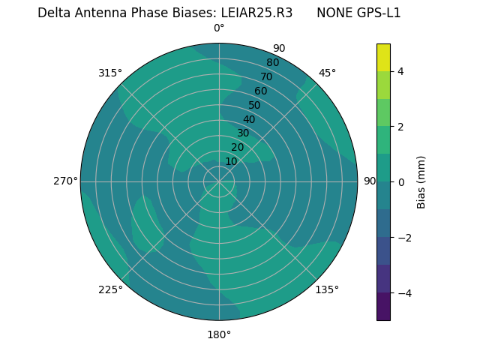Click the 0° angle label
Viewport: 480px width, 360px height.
point(219,28)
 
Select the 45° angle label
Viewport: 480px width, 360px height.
point(327,73)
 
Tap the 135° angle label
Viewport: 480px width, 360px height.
point(327,289)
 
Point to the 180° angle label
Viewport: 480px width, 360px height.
point(219,334)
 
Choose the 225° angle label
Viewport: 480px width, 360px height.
point(110,289)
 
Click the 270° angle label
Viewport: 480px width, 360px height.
point(65,181)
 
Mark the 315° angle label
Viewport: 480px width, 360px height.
point(110,73)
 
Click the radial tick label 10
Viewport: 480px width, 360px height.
point(231,161)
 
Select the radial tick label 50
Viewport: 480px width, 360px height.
point(254,105)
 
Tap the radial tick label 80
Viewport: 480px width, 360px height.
point(272,62)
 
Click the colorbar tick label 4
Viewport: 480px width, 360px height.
point(400,71)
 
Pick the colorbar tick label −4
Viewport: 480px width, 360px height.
point(403,292)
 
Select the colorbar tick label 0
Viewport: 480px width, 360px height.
point(400,181)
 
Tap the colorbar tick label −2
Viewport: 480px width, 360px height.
point(403,237)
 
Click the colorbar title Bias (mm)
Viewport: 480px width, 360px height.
point(421,181)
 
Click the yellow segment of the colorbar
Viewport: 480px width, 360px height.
point(383,57)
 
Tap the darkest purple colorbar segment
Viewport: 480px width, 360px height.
point(383,306)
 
